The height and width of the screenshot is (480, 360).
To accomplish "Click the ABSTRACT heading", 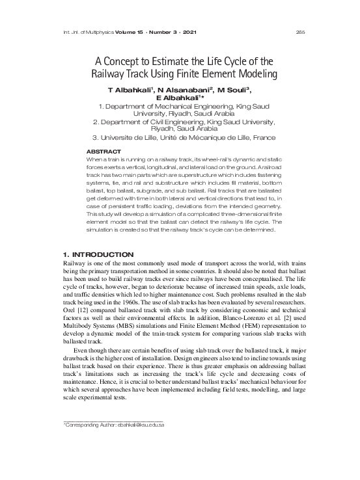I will click(104, 152).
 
